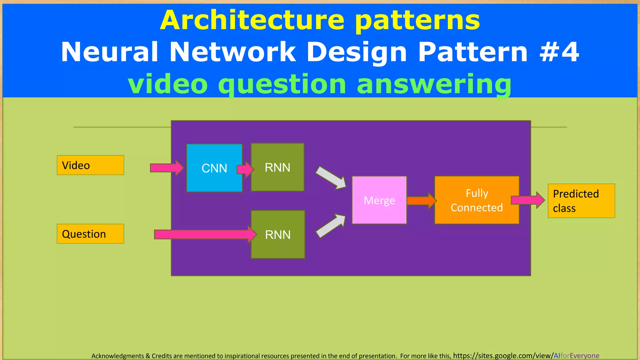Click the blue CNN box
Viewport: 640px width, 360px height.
coord(214,168)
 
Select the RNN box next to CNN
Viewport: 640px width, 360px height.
coord(277,167)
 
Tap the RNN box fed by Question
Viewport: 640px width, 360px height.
coord(278,234)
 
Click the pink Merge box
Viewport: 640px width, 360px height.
coord(379,200)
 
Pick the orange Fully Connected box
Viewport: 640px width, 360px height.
coord(477,200)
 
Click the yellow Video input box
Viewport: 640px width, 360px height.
coord(90,165)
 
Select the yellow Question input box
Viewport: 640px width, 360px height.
coord(90,234)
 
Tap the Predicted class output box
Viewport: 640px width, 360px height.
coord(581,201)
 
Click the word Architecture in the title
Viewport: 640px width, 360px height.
coord(252,20)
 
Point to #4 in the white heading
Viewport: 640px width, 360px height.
coord(559,52)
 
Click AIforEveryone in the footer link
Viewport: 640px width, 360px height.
coord(576,356)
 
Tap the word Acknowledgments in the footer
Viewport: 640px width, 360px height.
coord(117,356)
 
